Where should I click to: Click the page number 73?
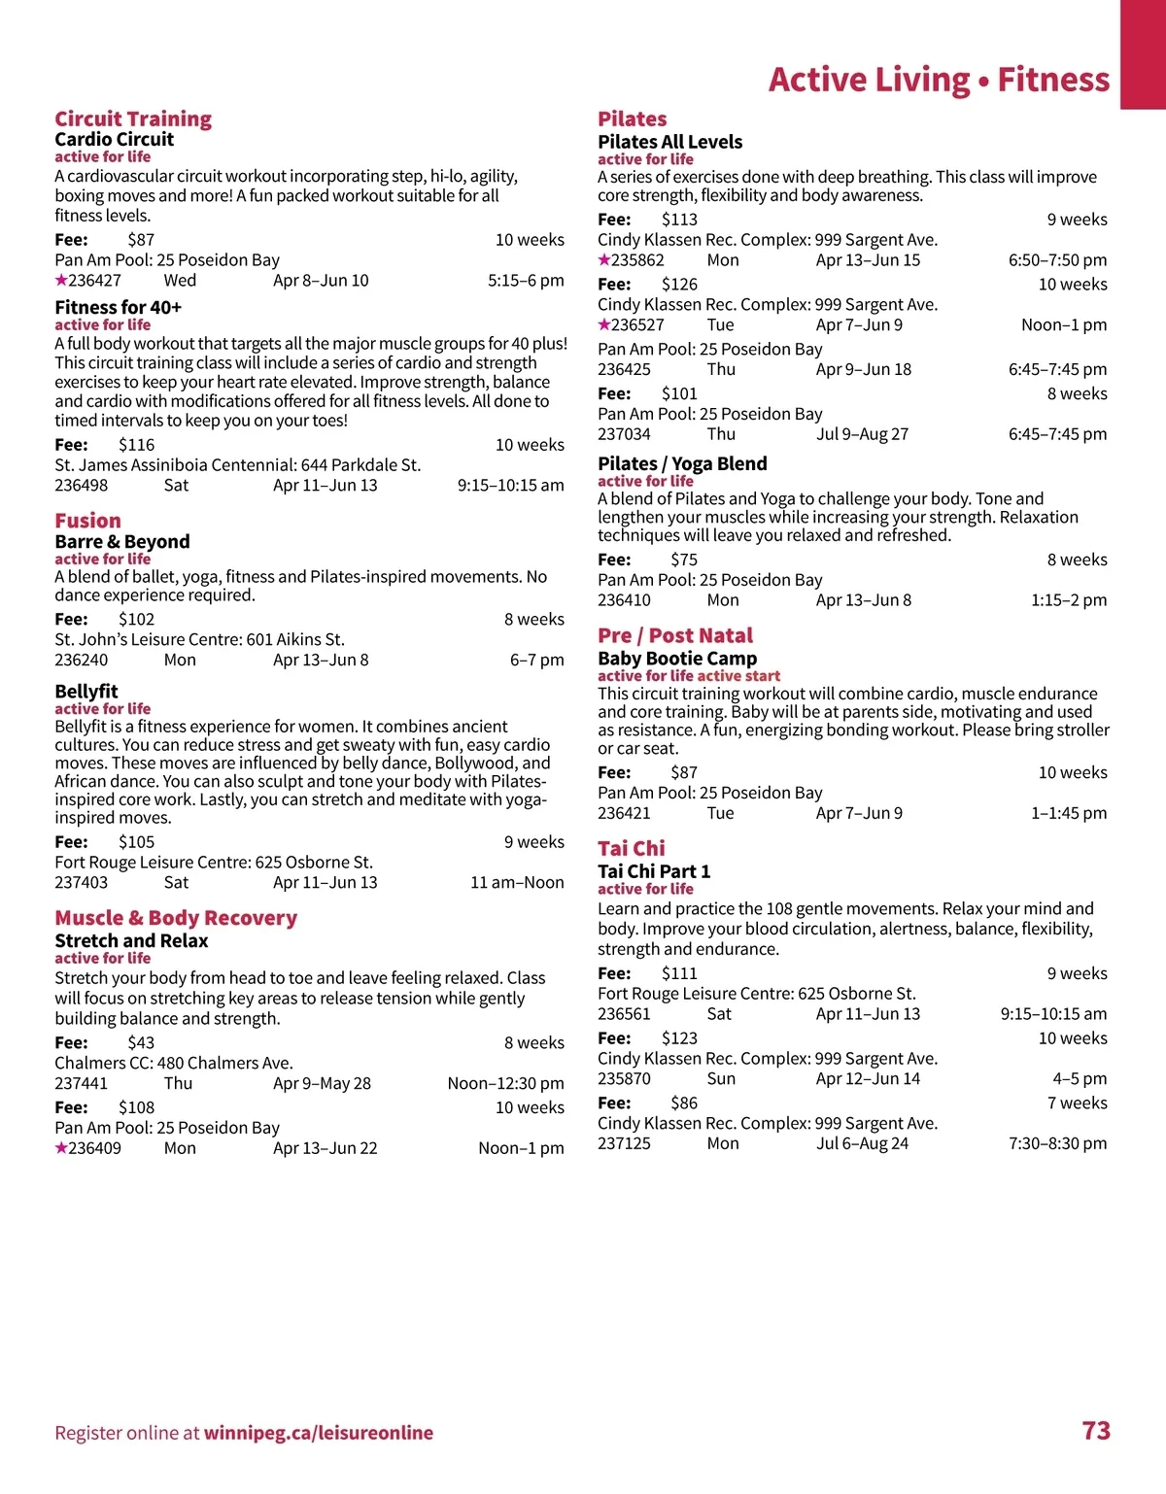point(1096,1431)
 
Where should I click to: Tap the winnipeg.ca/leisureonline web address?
point(318,1433)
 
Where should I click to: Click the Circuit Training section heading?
point(133,119)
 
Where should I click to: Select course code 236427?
point(94,281)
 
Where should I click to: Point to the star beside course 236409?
point(61,1148)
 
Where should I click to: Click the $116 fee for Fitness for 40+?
point(136,445)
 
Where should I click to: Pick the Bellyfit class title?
point(86,692)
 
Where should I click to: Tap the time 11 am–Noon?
point(517,883)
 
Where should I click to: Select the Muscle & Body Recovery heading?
point(176,918)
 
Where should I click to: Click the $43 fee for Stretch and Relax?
point(141,1043)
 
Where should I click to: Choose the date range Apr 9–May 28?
point(322,1084)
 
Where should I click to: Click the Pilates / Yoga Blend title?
point(682,464)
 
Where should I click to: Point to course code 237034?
point(624,434)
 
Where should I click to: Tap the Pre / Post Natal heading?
point(675,635)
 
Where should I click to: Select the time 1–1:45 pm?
point(1069,814)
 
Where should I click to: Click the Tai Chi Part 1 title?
point(654,871)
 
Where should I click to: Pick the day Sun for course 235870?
point(721,1079)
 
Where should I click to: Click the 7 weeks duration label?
point(1077,1104)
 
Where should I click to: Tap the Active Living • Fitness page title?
point(939,80)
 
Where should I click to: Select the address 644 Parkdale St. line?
point(238,465)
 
